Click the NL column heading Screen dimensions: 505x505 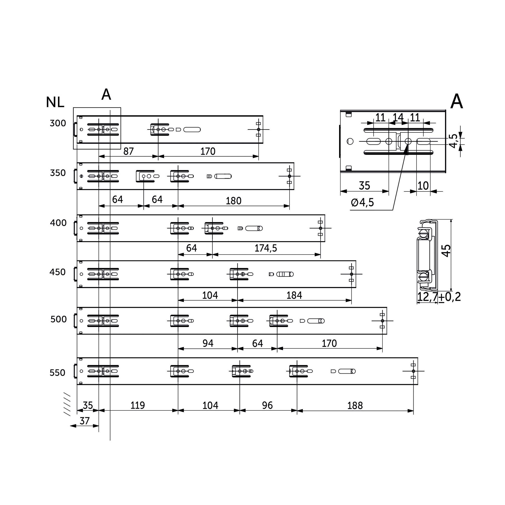(55, 102)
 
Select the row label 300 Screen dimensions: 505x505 (58, 123)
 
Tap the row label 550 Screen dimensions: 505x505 (57, 372)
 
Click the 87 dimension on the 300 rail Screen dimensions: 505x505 (128, 151)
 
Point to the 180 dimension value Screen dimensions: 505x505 (234, 201)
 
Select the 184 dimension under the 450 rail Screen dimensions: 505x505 (294, 295)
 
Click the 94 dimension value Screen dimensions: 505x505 (208, 343)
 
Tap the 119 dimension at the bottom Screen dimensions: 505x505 (138, 405)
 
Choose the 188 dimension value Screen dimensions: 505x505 (355, 405)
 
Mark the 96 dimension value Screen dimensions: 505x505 (267, 405)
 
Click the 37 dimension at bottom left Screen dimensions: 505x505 (84, 421)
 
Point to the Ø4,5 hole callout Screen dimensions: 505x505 (362, 202)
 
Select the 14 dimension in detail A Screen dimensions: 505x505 (398, 117)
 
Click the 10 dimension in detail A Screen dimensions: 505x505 (423, 186)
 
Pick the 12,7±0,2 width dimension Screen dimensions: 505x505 (439, 297)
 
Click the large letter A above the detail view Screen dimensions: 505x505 (456, 101)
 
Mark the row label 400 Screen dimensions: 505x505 (58, 223)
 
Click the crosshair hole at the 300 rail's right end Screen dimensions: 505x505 (259, 129)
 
